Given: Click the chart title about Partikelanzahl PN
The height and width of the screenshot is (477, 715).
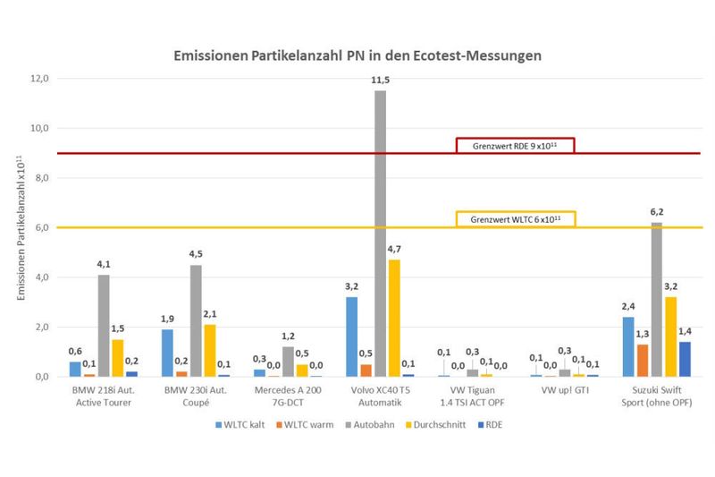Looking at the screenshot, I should [x=357, y=55].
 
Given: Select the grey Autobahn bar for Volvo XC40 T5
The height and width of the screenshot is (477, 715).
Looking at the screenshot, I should [x=380, y=233].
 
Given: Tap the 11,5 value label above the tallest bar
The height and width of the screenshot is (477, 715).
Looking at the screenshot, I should [x=380, y=81].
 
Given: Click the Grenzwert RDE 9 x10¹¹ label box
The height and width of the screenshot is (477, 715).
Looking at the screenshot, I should [x=515, y=146].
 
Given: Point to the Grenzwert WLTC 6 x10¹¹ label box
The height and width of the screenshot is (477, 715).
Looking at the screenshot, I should [x=516, y=219].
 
